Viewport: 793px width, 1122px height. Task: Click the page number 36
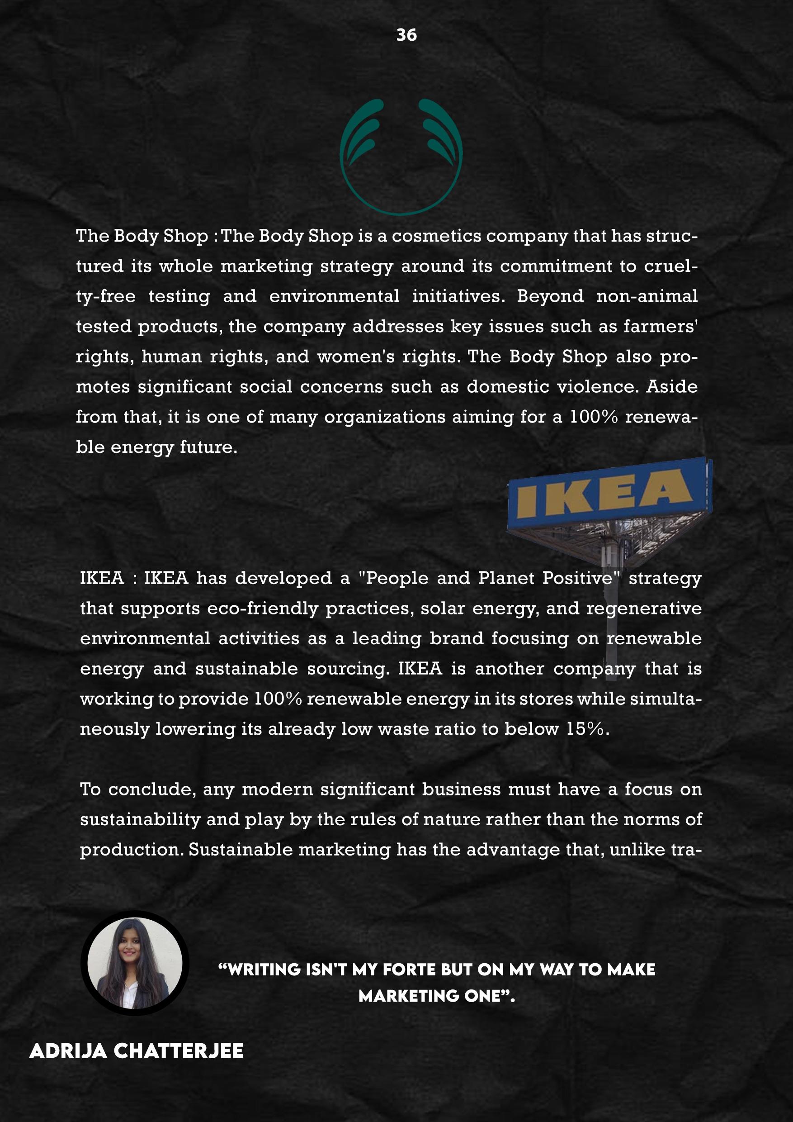[x=406, y=35]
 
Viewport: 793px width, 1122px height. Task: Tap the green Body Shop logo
[x=401, y=157]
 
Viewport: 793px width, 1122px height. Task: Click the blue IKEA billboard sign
[x=609, y=494]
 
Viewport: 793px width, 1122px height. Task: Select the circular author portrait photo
[x=135, y=963]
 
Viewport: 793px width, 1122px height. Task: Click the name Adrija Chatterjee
[x=136, y=1050]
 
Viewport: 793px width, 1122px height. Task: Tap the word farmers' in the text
[x=660, y=327]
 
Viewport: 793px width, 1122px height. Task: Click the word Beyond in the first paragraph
[x=550, y=296]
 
